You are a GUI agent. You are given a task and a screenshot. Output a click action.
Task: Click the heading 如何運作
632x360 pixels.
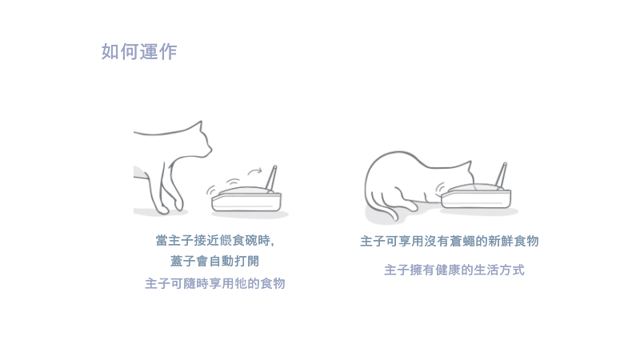[139, 52]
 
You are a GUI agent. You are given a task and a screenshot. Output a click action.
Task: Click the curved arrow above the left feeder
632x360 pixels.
[254, 171]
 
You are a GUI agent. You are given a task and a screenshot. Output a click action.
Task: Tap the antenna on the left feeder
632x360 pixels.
[271, 178]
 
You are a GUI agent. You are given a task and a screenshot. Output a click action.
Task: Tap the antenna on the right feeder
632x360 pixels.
[501, 176]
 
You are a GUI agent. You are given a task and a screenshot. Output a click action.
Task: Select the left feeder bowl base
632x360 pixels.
[246, 202]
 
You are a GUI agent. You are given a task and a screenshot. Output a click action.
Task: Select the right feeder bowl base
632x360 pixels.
[476, 198]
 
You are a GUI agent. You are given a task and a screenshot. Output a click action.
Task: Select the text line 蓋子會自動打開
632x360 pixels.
[214, 262]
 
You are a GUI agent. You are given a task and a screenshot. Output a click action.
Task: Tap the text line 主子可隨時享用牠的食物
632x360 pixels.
[215, 283]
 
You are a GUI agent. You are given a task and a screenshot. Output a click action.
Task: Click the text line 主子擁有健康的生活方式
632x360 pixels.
[454, 270]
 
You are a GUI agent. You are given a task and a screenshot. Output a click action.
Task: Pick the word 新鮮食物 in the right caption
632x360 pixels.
[514, 241]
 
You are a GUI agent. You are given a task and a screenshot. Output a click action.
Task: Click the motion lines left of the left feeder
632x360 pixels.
[211, 190]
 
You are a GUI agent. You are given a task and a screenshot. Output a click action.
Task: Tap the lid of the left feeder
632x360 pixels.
[246, 190]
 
